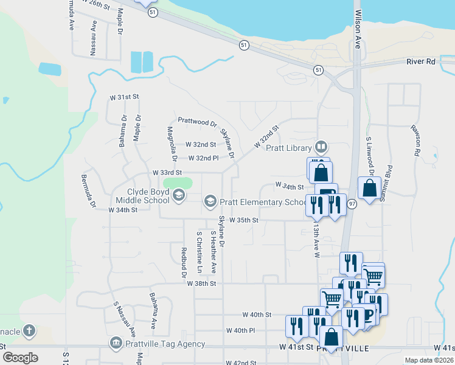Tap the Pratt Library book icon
pos(321,147)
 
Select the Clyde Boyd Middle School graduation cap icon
pos(178,195)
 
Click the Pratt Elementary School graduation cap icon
pos(210,201)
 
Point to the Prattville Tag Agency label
pos(157,344)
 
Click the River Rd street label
pos(422,61)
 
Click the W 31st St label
pos(124,97)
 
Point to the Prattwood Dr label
pos(197,122)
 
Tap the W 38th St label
pos(201,284)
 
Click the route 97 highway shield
pos(352,205)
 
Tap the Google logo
pos(20,358)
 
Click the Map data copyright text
pos(429,360)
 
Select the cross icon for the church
pos(29,332)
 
